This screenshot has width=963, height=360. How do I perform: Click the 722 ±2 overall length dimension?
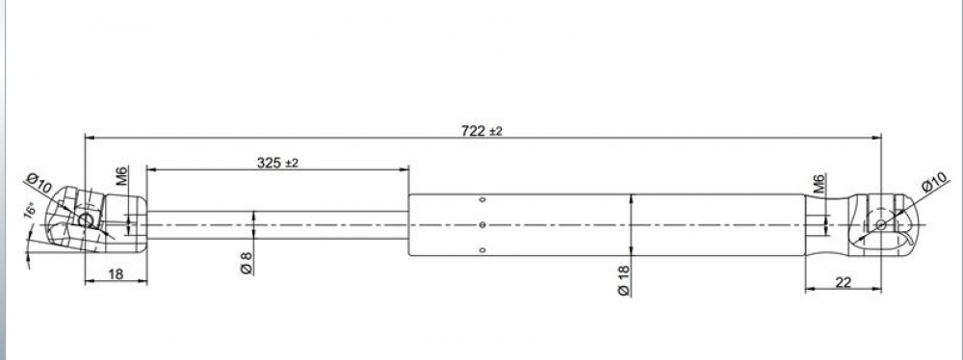tap(481, 131)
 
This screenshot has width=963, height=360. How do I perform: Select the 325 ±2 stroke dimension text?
tap(277, 163)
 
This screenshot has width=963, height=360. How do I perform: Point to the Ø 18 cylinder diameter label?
tap(624, 281)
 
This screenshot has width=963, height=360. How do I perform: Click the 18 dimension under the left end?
tap(116, 274)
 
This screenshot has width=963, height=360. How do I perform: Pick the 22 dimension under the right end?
tap(844, 282)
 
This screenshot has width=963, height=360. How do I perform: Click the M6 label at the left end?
tap(121, 176)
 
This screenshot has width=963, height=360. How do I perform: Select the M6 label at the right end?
tap(820, 184)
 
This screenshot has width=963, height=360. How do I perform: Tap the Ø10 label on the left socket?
tap(39, 184)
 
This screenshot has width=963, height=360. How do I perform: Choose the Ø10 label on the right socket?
tap(935, 183)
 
